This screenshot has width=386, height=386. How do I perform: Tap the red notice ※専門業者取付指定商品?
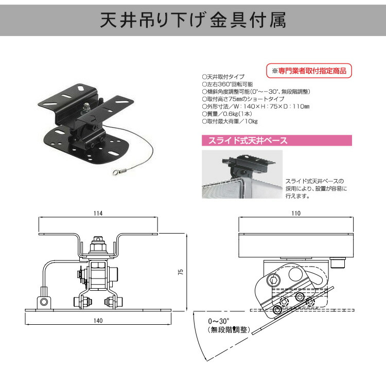[x=309, y=69]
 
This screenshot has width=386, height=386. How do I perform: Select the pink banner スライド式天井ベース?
[x=276, y=140]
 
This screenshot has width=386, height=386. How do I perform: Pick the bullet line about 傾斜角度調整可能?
[x=256, y=92]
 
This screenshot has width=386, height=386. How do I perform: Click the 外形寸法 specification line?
[x=255, y=107]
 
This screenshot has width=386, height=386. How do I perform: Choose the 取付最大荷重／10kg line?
[x=230, y=121]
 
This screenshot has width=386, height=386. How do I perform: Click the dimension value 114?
[x=98, y=213]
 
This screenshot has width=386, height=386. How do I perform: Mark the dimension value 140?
[x=98, y=320]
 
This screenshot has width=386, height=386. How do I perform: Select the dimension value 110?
[x=295, y=213]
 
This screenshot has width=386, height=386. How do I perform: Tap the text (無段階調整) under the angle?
[x=229, y=329]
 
